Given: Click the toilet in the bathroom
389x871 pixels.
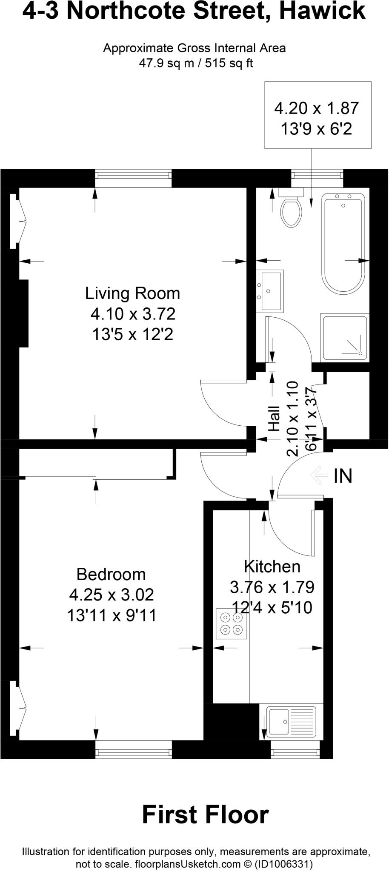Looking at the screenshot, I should tap(291, 210).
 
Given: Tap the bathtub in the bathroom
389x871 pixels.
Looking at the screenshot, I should tap(343, 242).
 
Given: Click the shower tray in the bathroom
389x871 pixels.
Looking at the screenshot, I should tap(345, 338).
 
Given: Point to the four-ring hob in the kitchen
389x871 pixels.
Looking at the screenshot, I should tap(232, 623).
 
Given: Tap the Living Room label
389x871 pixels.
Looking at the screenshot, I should tap(132, 293).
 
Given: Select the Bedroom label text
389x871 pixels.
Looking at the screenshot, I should tap(111, 574).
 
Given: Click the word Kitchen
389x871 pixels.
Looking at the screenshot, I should tap(272, 566).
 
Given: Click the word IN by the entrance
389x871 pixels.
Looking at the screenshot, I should tap(343, 476).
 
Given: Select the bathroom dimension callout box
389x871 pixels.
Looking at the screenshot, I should tap(318, 115).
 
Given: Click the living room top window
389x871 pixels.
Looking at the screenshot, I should tap(133, 178).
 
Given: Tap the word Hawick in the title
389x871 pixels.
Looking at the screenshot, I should tap(322, 11).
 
